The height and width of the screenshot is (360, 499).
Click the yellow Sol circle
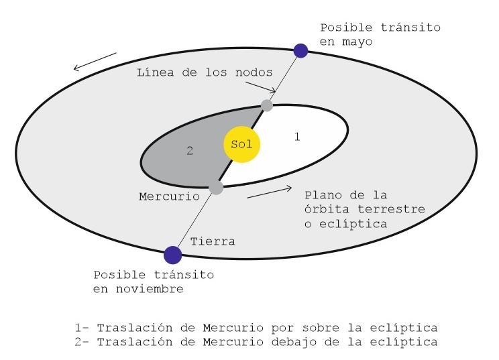point(241,144)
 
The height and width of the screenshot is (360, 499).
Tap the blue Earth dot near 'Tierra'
point(173,254)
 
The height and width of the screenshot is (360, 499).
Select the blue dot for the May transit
point(301,50)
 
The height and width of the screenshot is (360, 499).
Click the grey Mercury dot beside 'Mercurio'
point(216,188)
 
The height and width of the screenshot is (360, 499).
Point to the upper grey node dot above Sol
point(267,105)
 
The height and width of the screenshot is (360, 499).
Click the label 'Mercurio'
point(169,196)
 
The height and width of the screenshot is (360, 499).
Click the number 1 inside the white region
point(296,137)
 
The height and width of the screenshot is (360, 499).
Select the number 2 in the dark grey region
point(190,152)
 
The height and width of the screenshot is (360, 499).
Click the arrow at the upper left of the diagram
point(95,61)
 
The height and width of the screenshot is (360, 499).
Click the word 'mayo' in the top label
point(355,42)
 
